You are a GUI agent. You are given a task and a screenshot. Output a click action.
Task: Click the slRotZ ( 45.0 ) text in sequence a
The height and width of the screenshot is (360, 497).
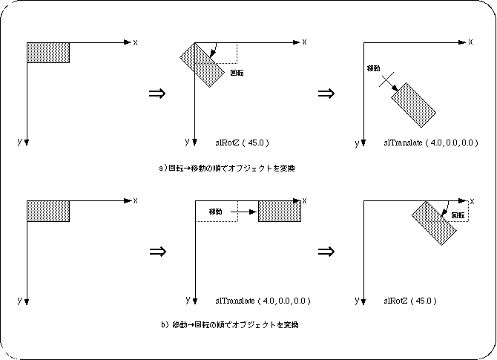241,142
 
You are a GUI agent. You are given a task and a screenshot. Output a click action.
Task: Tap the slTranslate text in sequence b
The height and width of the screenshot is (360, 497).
263,301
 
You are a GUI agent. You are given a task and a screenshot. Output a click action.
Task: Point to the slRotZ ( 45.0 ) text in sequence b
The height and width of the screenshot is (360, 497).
409,301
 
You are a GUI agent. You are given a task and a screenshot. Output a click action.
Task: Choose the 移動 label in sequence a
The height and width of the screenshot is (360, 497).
374,68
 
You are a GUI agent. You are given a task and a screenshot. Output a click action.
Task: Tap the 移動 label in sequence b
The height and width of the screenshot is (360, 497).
216,212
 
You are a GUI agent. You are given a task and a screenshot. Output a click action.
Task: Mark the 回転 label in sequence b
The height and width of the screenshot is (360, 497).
458,215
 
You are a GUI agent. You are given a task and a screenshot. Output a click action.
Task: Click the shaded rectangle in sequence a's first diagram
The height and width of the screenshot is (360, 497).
48,53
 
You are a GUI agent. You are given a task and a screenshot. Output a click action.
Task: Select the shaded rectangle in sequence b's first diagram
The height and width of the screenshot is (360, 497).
48,210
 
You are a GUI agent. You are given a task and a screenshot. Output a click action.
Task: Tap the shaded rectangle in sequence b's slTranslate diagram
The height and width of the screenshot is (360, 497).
280,210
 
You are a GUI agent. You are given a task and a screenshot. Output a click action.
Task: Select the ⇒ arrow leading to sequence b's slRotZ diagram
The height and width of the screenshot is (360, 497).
324,251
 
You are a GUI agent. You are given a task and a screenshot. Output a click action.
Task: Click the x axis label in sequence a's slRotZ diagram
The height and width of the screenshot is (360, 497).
304,42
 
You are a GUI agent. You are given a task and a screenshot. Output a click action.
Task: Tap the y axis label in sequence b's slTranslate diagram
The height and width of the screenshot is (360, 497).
186,300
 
